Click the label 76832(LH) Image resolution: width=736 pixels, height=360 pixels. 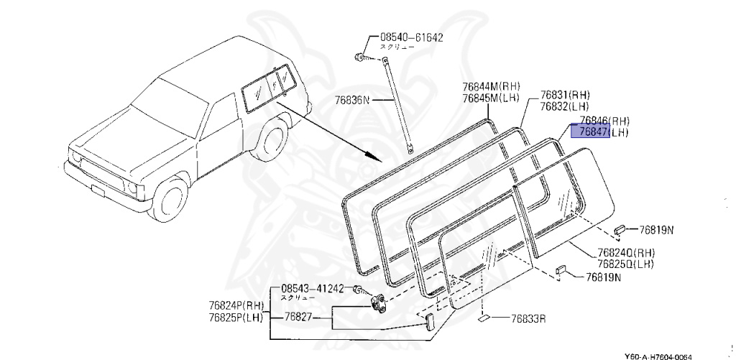(565, 106)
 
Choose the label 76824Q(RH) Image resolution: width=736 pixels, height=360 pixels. (625, 252)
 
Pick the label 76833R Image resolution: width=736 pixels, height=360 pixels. (528, 318)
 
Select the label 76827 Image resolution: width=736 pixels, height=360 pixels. (298, 317)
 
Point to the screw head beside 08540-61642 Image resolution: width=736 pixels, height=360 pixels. (359, 55)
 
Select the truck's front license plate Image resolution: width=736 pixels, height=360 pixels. (97, 190)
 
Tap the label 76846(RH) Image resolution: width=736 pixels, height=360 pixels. (604, 120)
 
